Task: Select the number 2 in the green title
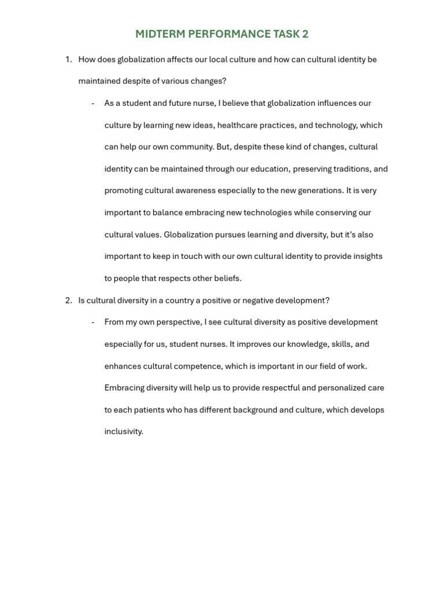click(x=305, y=34)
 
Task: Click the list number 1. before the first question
click(x=68, y=60)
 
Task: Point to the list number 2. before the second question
click(x=68, y=301)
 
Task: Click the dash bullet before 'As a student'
click(x=92, y=103)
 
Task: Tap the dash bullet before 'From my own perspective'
click(x=92, y=322)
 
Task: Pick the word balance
click(x=167, y=213)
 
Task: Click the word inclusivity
click(x=123, y=432)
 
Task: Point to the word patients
click(x=149, y=410)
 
